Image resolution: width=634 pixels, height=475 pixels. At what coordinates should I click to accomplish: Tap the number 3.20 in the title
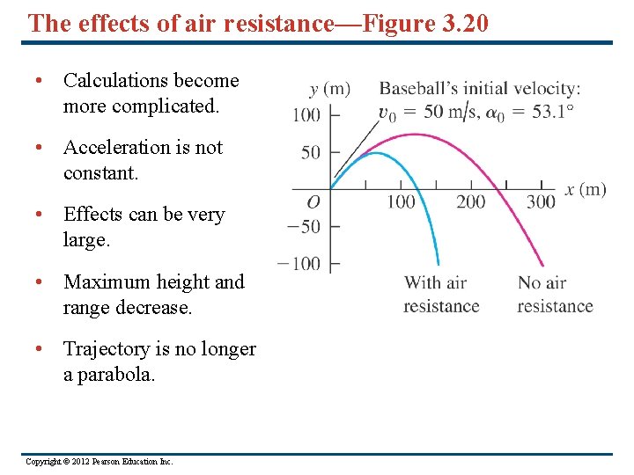(461, 23)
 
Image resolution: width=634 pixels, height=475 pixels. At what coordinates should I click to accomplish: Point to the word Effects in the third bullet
(96, 215)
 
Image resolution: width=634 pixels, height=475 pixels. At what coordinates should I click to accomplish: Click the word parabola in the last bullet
(118, 375)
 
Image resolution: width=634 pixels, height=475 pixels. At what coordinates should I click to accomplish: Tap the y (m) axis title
(330, 89)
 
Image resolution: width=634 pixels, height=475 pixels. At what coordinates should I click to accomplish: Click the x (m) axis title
(586, 190)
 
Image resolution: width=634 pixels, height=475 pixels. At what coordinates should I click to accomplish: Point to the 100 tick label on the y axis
(306, 114)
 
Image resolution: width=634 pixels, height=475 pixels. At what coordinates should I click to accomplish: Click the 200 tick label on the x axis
(470, 202)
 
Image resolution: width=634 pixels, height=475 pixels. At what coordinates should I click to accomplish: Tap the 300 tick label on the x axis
(541, 202)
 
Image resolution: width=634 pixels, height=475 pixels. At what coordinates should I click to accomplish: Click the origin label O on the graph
(313, 202)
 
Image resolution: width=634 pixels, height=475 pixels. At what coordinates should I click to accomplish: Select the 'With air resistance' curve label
(441, 295)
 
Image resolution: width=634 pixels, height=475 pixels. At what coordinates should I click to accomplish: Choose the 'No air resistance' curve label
(555, 295)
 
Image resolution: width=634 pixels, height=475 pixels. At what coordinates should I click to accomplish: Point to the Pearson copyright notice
(100, 462)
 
